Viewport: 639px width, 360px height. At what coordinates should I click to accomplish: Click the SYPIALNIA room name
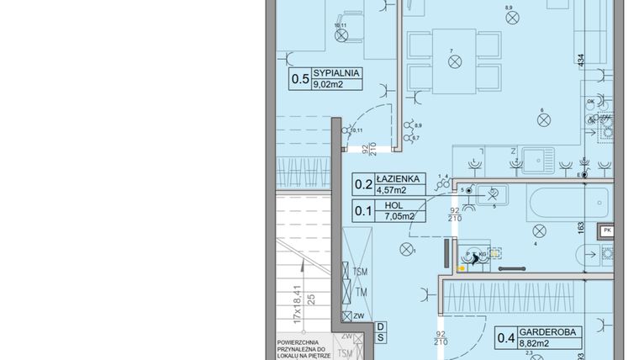click(x=336, y=73)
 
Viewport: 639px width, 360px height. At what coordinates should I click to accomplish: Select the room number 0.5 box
click(x=298, y=79)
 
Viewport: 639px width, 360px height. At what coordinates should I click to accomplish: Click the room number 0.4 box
click(x=506, y=337)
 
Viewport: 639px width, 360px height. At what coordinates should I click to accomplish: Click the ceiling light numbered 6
click(x=543, y=119)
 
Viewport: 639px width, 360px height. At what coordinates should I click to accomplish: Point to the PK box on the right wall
click(x=606, y=230)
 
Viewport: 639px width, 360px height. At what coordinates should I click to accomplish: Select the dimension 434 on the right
click(x=580, y=61)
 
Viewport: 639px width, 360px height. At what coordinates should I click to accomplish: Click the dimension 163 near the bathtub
click(x=580, y=225)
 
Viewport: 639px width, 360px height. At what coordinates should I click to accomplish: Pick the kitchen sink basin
click(x=532, y=157)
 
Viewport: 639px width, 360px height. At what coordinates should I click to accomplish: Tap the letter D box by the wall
click(x=380, y=326)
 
